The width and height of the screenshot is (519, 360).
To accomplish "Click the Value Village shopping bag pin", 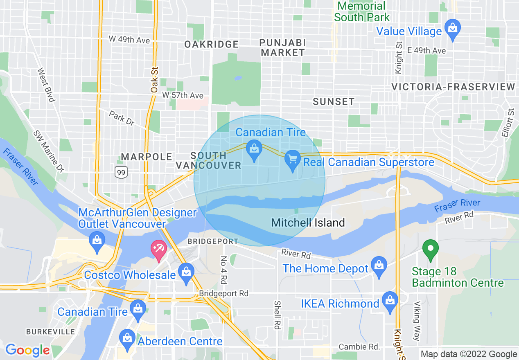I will (452, 29).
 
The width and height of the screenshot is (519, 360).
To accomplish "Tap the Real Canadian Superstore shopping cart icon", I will (292, 160).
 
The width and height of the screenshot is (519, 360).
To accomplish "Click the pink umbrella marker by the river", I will (158, 250).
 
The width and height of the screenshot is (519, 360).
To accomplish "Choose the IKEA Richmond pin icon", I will (389, 301).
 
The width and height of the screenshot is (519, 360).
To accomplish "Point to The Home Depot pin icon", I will (379, 266).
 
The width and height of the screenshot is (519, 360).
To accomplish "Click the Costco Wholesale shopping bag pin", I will (186, 273).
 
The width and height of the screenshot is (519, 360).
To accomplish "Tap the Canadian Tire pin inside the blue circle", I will (254, 150).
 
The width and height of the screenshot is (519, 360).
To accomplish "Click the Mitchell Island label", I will (308, 223).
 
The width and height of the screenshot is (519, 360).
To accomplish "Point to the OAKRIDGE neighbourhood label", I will (211, 44).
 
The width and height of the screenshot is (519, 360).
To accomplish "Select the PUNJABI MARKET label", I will (283, 47).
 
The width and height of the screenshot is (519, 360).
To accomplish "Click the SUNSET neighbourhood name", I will (334, 101).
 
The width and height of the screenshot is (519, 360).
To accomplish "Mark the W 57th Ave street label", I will (183, 95).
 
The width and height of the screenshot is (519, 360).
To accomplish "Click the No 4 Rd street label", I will (224, 270).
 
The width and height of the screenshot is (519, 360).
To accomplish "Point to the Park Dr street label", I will (122, 118).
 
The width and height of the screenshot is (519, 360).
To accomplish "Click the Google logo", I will (27, 350).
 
